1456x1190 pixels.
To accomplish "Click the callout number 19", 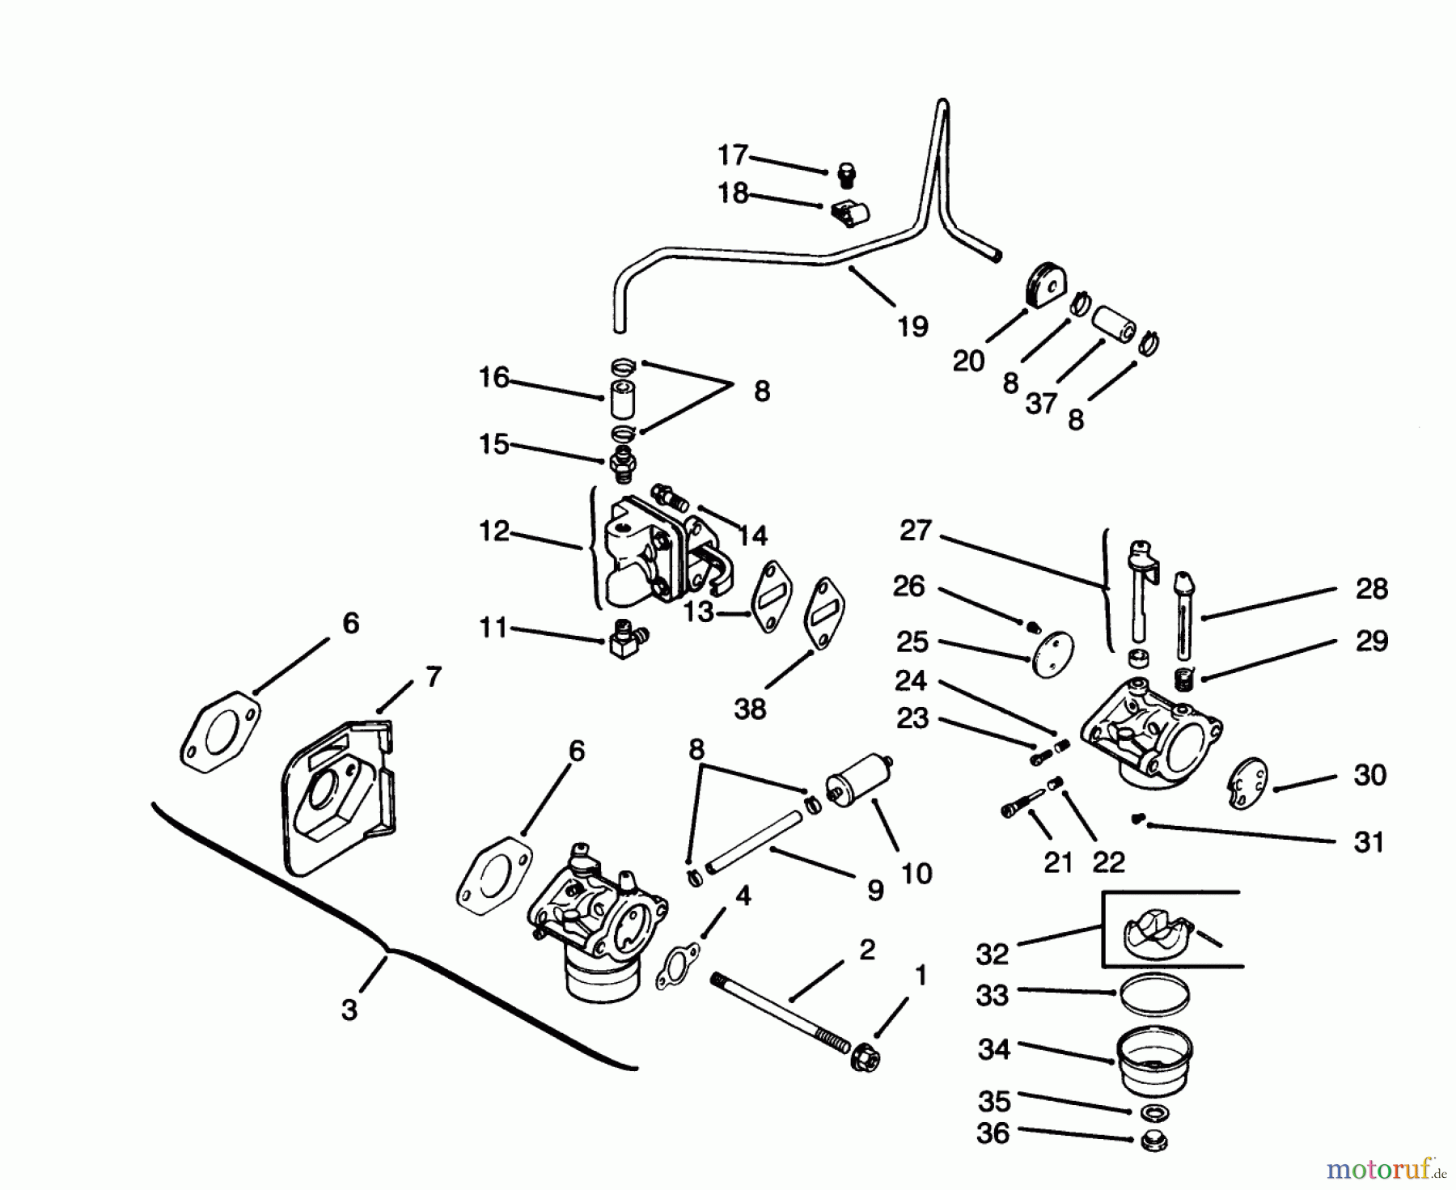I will point(912,327).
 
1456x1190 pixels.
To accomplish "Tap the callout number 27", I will point(916,531).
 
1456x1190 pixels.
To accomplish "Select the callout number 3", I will point(349,1010).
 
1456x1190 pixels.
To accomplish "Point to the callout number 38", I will point(750,709).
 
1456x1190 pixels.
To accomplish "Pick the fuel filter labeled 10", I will point(857,777).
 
